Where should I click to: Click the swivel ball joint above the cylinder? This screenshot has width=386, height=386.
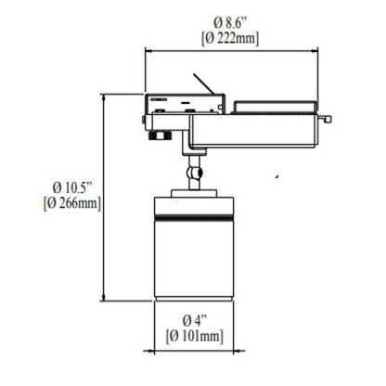pyautogui.click(x=195, y=172)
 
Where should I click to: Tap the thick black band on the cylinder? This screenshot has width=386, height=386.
pyautogui.click(x=195, y=219)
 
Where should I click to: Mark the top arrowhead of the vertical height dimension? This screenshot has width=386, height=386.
pyautogui.click(x=104, y=96)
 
